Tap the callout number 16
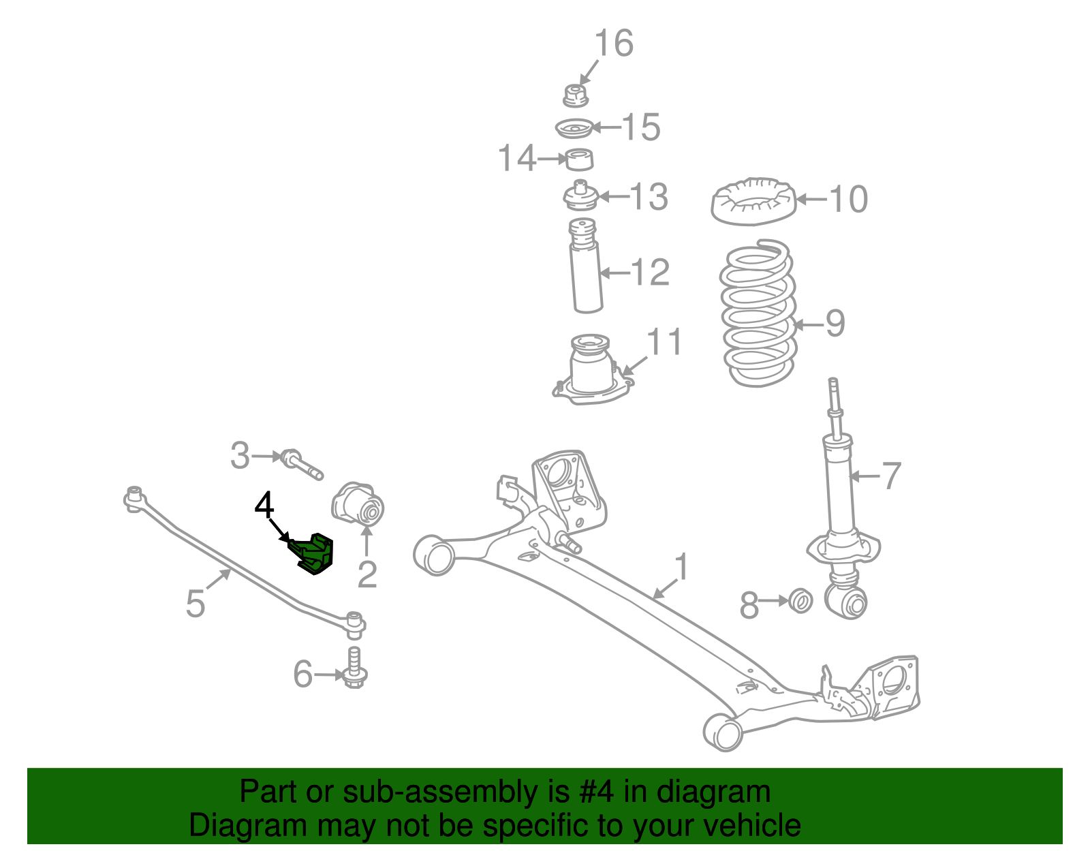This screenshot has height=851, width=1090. pos(614,44)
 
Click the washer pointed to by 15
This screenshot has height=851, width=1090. pos(572,128)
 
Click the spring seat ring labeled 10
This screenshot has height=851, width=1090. pos(753,202)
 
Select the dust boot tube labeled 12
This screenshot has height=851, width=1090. pos(586,273)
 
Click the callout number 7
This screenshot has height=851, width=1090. pos(891,476)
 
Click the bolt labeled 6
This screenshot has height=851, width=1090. pos(354,668)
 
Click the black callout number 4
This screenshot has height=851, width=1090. pos(264,506)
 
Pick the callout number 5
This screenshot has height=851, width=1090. pos(195,604)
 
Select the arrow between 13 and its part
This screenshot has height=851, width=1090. pos(611,197)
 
